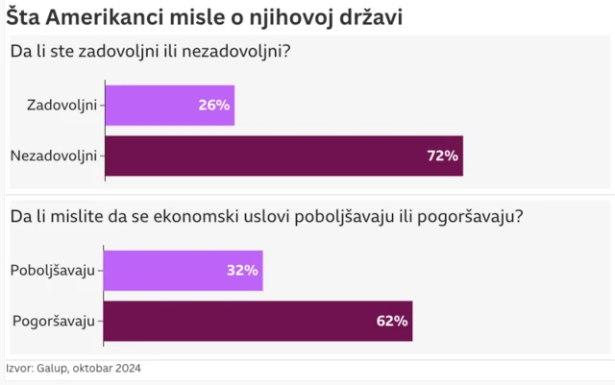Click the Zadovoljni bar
click(x=169, y=105)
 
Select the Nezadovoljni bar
click(x=283, y=156)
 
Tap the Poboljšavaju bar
click(x=183, y=270)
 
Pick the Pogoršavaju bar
click(x=258, y=321)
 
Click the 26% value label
click(x=213, y=105)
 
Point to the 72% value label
click(x=443, y=156)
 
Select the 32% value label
click(x=242, y=270)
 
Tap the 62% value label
click(x=392, y=321)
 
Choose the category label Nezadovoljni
click(x=53, y=156)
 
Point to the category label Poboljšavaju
click(x=53, y=270)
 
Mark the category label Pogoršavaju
click(x=53, y=321)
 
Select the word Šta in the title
click(x=22, y=17)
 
